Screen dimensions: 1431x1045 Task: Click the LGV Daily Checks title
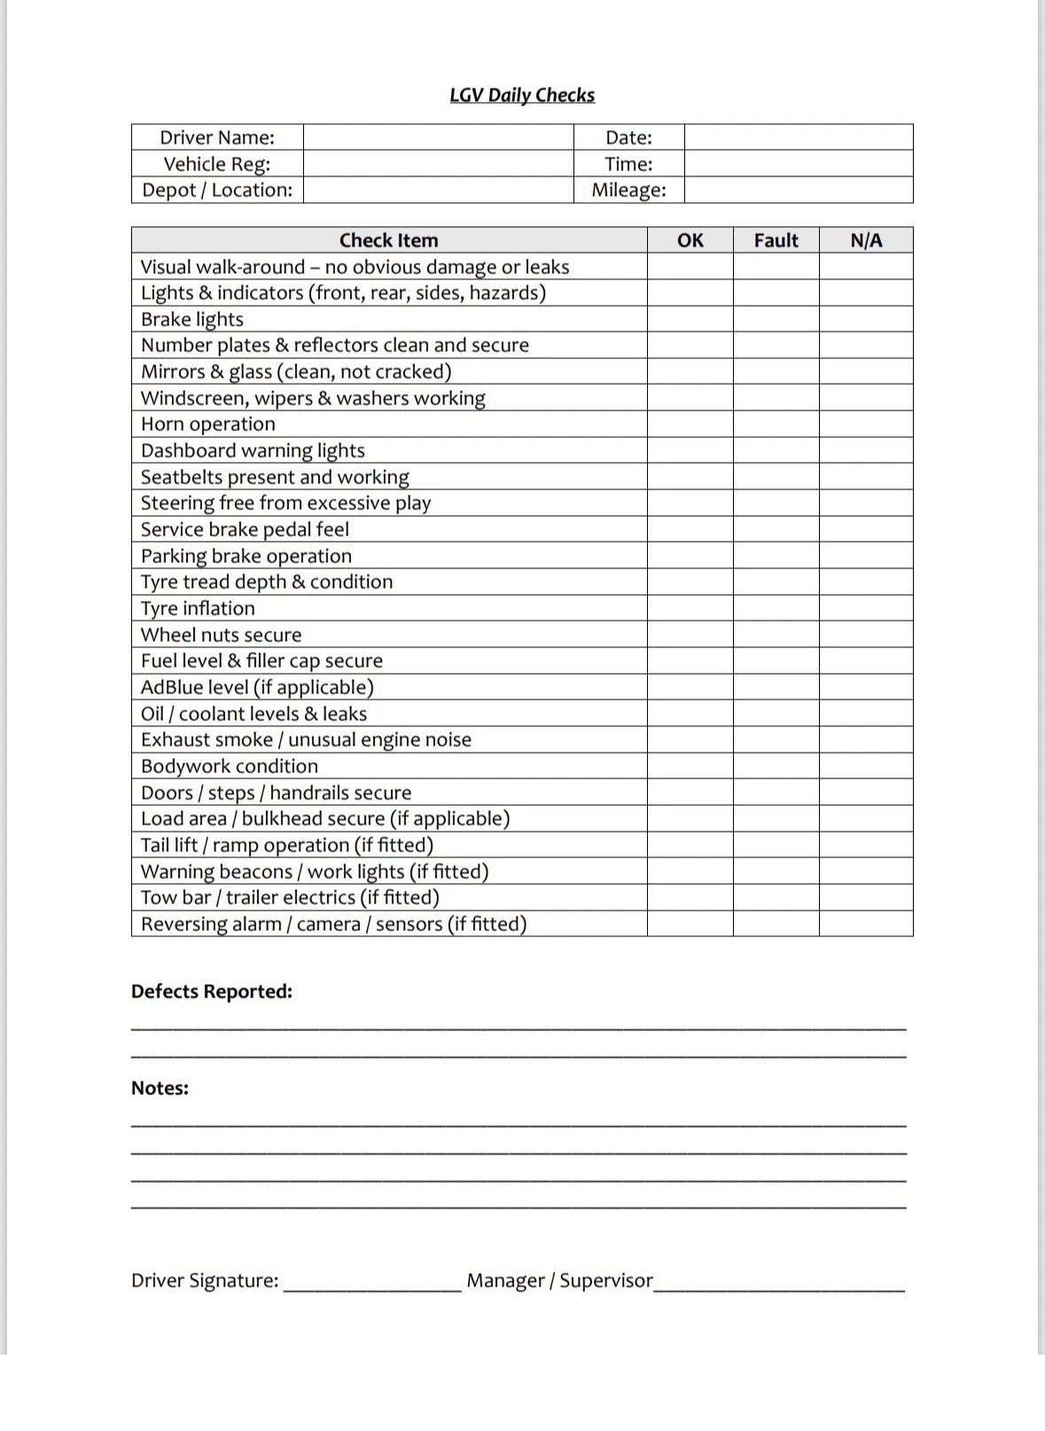pos(522,96)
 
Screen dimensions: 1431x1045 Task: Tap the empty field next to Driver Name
pos(438,137)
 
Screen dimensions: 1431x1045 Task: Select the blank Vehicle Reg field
pos(438,164)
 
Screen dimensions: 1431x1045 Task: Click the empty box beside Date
pos(798,137)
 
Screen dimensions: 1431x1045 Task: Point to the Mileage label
pos(628,191)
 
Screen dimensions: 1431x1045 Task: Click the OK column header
pos(690,240)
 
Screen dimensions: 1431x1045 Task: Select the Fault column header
pos(776,240)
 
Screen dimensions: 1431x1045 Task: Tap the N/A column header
pos(866,240)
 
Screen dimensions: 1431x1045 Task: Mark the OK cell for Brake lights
pos(690,319)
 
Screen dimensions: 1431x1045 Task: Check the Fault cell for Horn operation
pos(776,424)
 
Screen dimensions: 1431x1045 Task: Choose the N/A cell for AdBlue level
pos(866,687)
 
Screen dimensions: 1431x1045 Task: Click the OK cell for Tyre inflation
pos(690,608)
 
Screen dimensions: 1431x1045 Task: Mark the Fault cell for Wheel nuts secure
pos(776,635)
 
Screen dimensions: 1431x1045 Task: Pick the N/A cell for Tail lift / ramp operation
pos(866,845)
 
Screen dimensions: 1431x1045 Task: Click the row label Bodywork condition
pos(230,766)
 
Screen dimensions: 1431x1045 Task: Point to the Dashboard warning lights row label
pos(253,450)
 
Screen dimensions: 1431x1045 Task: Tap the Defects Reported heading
pos(212,991)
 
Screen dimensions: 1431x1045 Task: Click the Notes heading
pos(160,1088)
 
